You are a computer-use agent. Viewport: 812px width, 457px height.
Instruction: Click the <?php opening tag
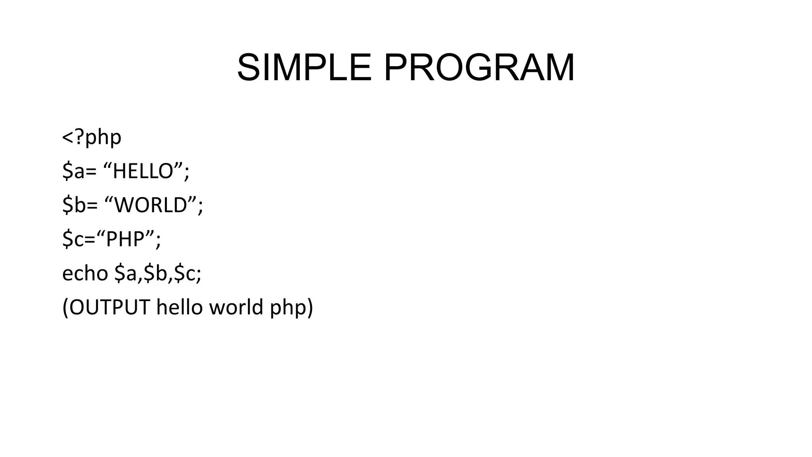(x=92, y=137)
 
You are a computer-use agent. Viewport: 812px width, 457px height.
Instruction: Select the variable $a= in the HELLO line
(x=79, y=171)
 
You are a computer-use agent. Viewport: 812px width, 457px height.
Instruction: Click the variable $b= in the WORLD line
(x=80, y=205)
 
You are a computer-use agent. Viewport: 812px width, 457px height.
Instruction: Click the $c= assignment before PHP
(x=79, y=239)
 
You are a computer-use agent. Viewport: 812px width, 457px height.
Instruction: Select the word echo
(x=85, y=273)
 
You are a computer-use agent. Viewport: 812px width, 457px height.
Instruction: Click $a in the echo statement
(x=126, y=273)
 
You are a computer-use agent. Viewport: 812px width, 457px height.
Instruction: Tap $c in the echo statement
(x=185, y=273)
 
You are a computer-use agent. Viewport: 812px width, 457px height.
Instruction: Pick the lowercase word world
(x=236, y=307)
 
